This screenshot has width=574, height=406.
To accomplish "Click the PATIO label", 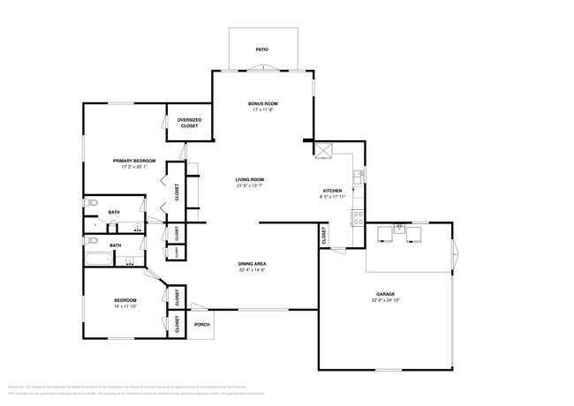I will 262,49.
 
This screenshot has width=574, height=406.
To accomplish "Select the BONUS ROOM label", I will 263,104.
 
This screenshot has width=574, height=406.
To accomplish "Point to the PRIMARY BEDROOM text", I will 133,161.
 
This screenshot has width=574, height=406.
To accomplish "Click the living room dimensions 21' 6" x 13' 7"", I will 250,185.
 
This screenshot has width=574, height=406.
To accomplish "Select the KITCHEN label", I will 332,192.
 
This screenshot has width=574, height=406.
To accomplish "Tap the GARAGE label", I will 384,294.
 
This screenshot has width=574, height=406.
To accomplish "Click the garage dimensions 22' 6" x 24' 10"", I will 384,300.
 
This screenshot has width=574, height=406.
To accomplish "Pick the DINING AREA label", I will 252,264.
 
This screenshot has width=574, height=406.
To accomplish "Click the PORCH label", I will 201,324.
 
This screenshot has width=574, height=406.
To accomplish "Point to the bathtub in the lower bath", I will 98,259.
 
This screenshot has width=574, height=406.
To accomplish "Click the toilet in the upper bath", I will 90,204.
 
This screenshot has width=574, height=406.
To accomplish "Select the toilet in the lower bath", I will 90,239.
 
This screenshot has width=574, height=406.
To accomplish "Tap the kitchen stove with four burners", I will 358,216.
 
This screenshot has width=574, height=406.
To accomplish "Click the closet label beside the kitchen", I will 324,237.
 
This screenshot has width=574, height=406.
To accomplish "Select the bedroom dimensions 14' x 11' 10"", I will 125,307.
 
